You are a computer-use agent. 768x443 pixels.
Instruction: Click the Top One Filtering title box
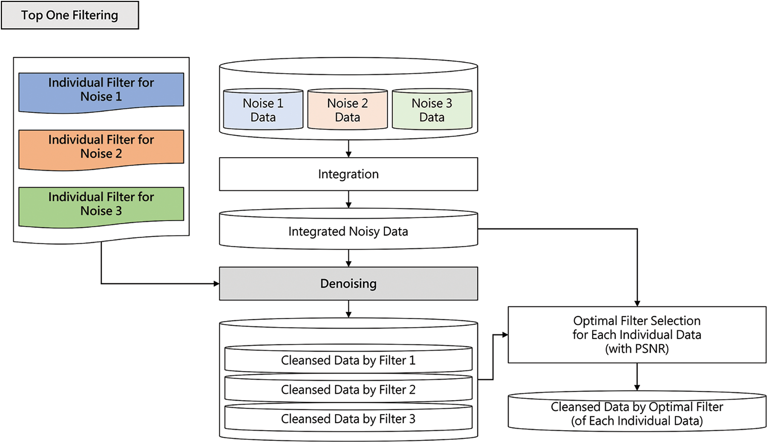(70, 15)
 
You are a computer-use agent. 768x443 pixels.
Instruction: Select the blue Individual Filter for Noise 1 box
(101, 90)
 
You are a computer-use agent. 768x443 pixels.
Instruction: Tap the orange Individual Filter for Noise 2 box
(101, 147)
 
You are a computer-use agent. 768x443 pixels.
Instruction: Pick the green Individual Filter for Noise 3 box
(101, 204)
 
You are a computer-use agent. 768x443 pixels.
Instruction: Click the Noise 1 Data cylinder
(263, 110)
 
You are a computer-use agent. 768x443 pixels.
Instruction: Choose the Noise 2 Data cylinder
(347, 110)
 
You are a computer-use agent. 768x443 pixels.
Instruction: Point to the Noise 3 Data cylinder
(432, 110)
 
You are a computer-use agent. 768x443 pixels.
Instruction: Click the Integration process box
(348, 174)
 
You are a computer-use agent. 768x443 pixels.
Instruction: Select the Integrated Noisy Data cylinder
(348, 231)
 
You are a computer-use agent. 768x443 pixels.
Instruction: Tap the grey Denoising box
(348, 284)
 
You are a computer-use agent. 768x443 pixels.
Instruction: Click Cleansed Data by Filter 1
(348, 360)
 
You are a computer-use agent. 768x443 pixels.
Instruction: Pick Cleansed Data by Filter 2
(348, 390)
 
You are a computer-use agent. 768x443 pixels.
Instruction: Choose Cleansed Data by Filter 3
(348, 419)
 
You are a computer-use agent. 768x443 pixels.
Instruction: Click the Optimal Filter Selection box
(637, 334)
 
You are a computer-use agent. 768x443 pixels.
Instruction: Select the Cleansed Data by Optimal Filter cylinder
(637, 414)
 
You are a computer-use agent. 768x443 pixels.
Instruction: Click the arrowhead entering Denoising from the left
(216, 284)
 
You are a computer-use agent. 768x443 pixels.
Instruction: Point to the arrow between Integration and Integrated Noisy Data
(348, 200)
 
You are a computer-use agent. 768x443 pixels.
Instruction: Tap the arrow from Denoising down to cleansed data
(348, 309)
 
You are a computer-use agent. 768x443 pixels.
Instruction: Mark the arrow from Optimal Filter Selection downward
(637, 377)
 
